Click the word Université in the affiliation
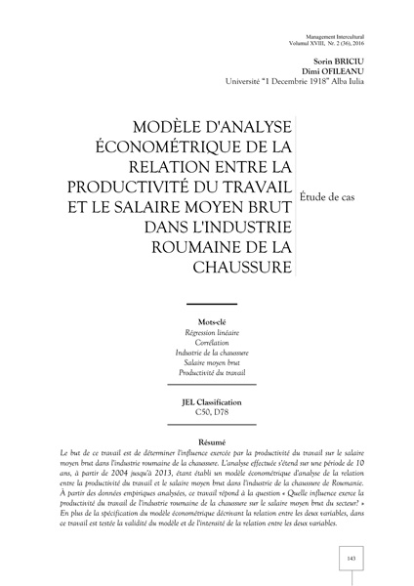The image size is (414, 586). point(251,82)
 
